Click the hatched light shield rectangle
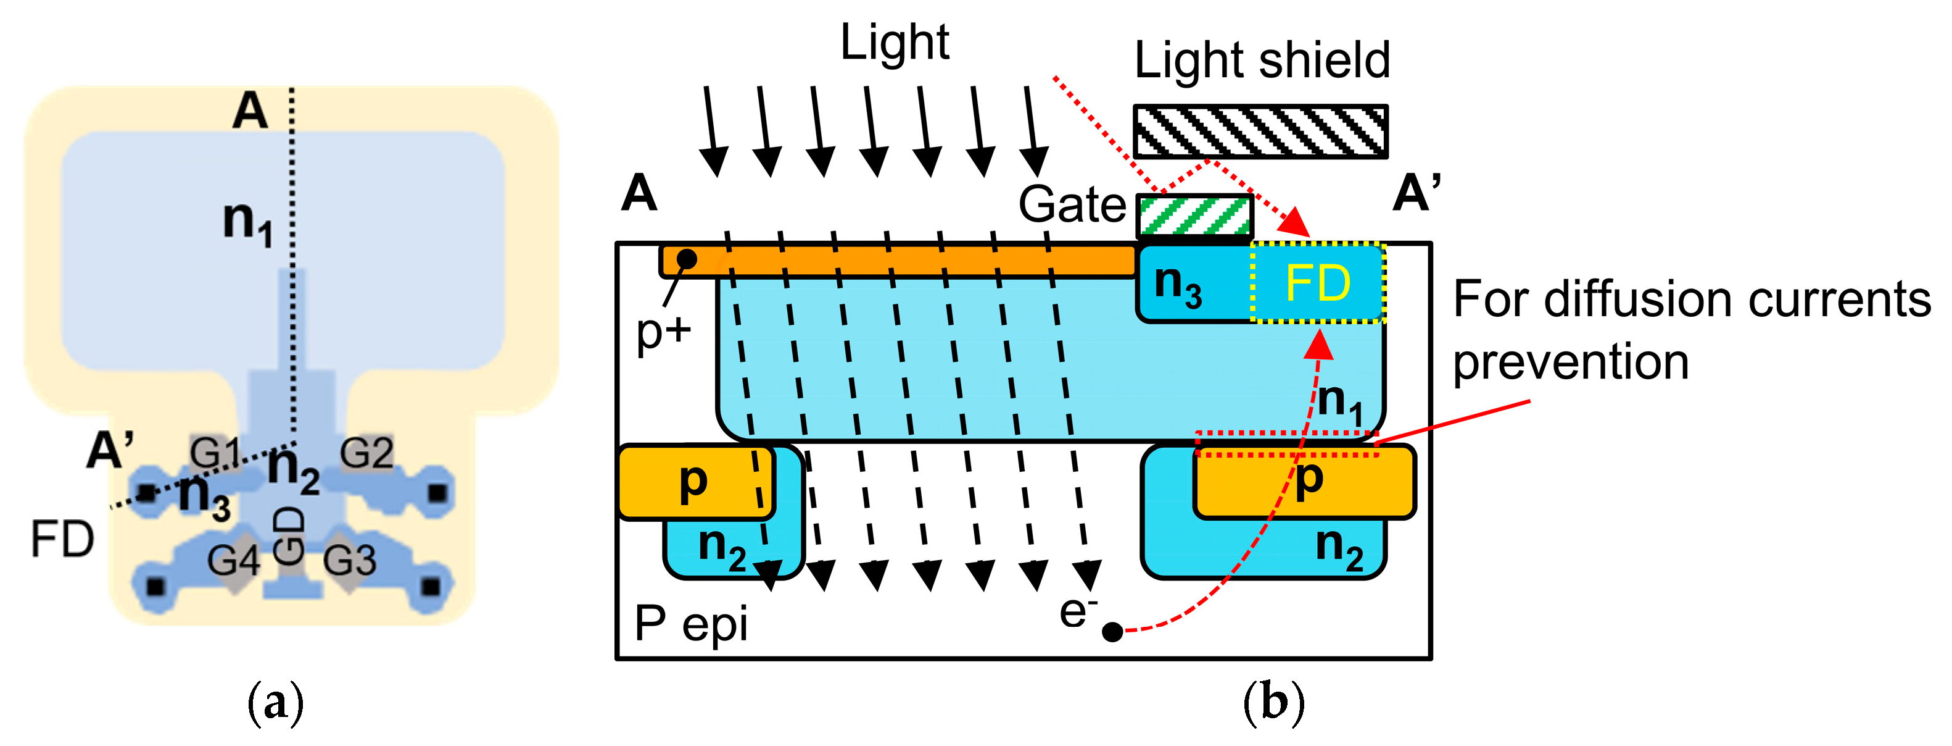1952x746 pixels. coord(1260,131)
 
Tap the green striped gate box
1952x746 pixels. coord(1195,216)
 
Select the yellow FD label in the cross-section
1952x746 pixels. coord(1318,283)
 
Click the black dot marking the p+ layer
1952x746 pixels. coord(687,259)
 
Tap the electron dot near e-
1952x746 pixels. coord(1112,632)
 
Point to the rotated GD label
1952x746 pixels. coord(289,536)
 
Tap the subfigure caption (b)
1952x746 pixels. coord(1274,703)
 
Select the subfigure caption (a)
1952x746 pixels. coord(276,703)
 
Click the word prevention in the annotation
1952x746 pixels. coord(1570,363)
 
